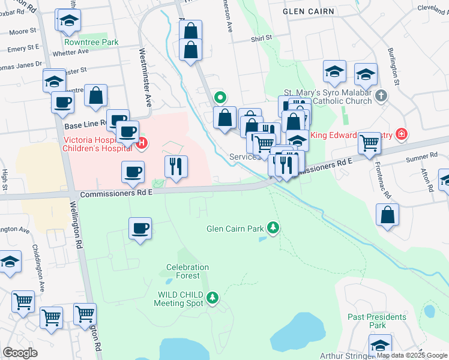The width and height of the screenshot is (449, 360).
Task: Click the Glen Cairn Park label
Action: (x=235, y=229)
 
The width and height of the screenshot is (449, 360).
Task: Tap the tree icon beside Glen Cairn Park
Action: (x=273, y=227)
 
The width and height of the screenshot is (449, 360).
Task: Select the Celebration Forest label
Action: (x=187, y=272)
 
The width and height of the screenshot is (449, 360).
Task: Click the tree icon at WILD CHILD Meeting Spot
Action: (x=212, y=297)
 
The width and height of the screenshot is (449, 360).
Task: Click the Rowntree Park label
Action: (x=92, y=43)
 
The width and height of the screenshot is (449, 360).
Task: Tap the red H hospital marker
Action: (x=142, y=143)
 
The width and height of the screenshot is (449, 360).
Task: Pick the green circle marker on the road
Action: (x=220, y=97)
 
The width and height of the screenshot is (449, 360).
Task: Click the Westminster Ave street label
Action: (x=145, y=77)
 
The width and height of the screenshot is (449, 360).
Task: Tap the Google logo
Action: (x=20, y=353)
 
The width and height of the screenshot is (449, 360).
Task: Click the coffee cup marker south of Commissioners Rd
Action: (x=140, y=229)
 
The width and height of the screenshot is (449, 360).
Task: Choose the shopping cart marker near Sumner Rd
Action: (x=369, y=143)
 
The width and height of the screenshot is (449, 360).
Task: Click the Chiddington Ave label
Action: (x=43, y=275)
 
